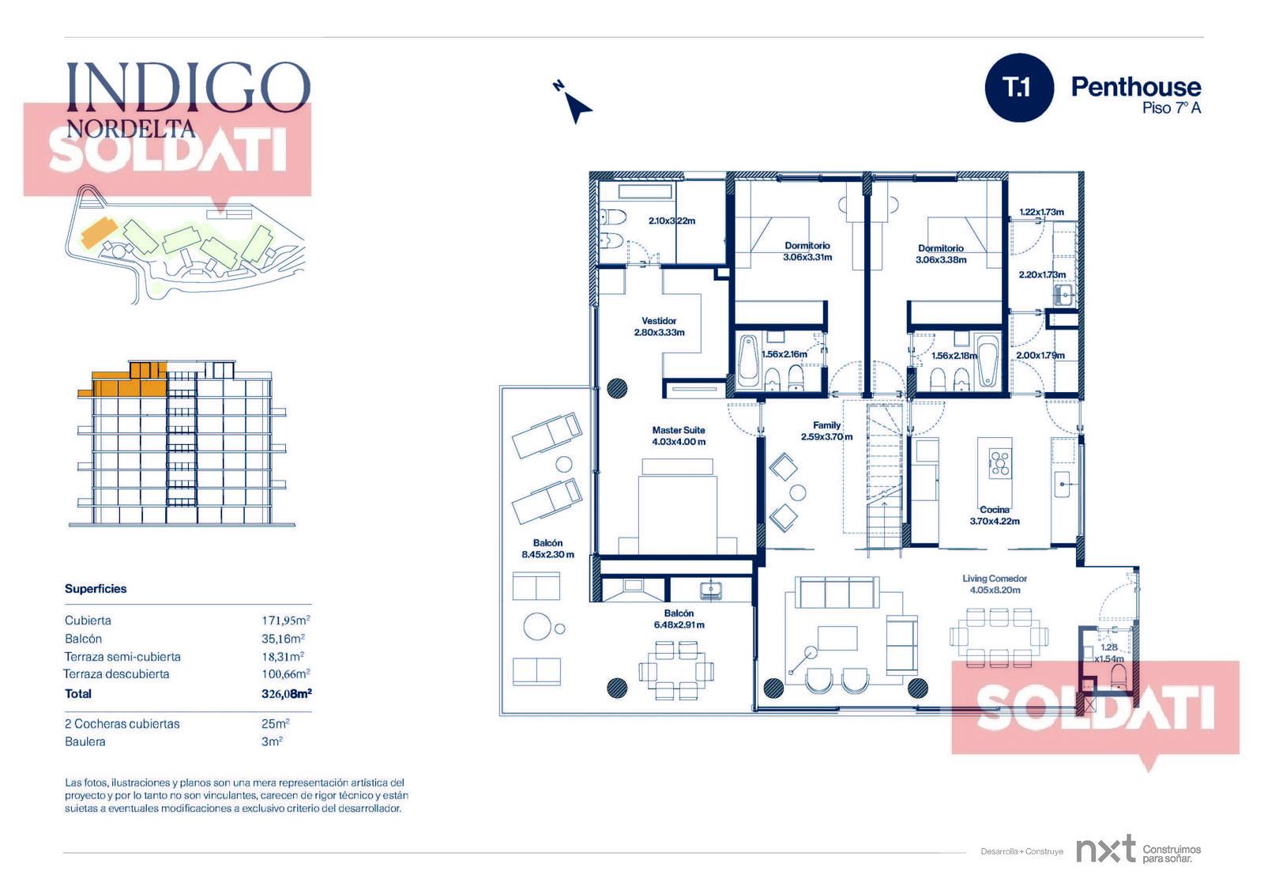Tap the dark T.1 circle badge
[x=1018, y=87]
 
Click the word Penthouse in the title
[x=1136, y=87]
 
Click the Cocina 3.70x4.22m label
[x=995, y=515]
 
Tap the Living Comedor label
[x=995, y=584]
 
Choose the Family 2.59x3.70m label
[x=826, y=431]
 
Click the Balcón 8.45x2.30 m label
[x=547, y=549]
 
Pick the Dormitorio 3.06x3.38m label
[x=941, y=255]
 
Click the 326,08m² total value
[x=287, y=693]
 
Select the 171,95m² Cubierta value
[x=285, y=620]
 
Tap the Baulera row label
[x=85, y=741]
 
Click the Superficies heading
[x=96, y=588]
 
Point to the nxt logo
[x=1105, y=850]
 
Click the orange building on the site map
[x=99, y=232]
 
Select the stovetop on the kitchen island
[x=1000, y=462]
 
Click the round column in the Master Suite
[x=617, y=389]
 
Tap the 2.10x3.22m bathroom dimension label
[x=671, y=221]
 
